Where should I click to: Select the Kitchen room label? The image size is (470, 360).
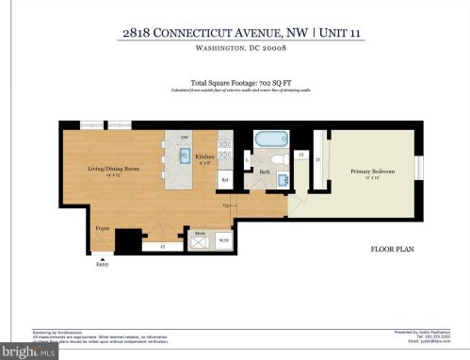(204, 156)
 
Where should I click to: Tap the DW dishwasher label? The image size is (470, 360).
(186, 138)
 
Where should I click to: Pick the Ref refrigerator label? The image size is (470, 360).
(225, 180)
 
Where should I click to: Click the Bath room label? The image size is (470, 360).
(265, 172)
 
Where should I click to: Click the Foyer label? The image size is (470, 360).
(102, 228)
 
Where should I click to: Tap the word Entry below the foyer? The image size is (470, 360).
(102, 265)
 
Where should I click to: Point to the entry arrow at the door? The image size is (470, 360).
(102, 257)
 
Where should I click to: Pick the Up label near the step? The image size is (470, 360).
(226, 205)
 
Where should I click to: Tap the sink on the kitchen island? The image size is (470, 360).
(185, 155)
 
